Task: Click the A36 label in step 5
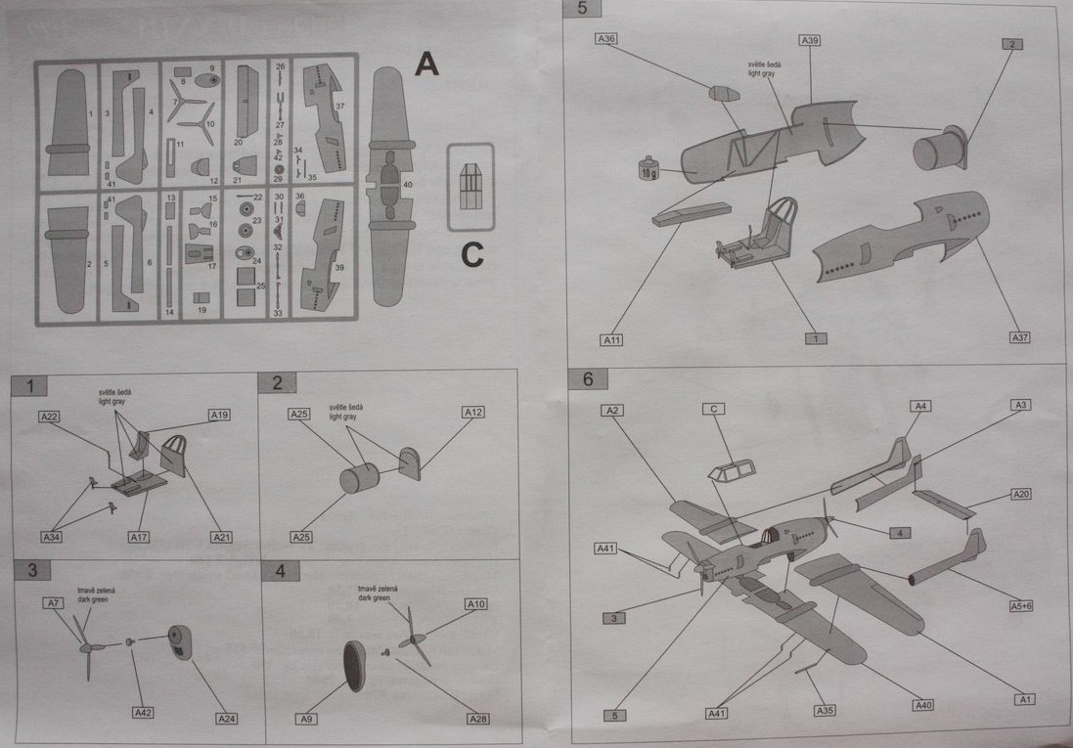point(606,39)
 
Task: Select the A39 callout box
point(810,40)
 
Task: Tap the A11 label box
point(612,340)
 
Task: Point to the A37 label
point(1020,337)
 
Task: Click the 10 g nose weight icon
point(647,169)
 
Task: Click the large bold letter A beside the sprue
point(426,65)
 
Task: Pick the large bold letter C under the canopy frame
point(471,255)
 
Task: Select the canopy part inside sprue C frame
point(470,186)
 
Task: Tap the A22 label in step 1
point(50,417)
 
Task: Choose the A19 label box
point(219,415)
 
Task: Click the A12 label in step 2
point(473,413)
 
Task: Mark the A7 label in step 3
point(54,603)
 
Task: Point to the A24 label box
point(226,720)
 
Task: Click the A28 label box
point(477,720)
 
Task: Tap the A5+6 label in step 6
point(1021,606)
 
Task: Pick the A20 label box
point(1020,495)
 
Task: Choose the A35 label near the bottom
point(825,710)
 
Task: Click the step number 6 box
point(588,378)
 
